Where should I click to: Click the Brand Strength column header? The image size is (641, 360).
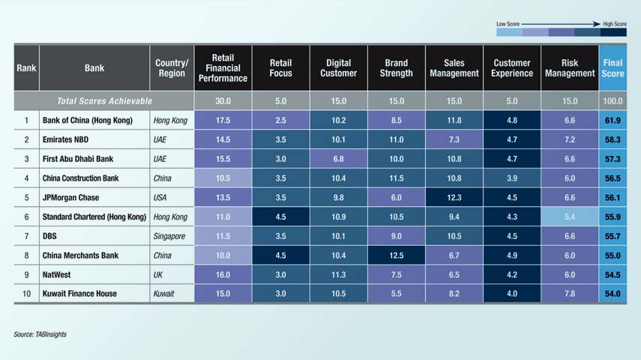pos(397,68)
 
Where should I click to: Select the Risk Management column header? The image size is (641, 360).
pos(570,68)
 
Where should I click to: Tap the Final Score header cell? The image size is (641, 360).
pos(613,68)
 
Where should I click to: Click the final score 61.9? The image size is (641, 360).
pos(613,120)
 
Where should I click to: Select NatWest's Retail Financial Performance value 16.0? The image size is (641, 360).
pos(223,274)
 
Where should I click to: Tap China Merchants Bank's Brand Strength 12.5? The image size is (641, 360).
pos(397,255)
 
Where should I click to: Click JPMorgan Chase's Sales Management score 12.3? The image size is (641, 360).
pos(454,197)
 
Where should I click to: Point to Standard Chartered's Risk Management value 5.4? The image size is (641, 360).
pos(570,217)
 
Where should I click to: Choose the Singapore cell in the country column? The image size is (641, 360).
pos(170,236)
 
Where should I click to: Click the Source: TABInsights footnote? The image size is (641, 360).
pos(40,334)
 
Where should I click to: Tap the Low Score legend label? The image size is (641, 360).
pos(508,24)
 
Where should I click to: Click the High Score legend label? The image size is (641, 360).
pos(614,24)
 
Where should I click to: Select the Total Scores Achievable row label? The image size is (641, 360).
pos(104,100)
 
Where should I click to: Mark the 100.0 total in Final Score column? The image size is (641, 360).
pos(613,100)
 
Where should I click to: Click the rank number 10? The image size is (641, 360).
pos(26,293)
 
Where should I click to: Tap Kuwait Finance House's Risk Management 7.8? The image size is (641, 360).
pos(570,293)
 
